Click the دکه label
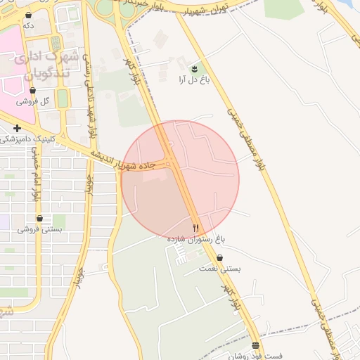[x=28, y=25]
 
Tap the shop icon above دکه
[x=28, y=15]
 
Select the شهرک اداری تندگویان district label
[x=42, y=63]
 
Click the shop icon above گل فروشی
[x=33, y=91]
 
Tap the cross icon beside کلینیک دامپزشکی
[x=17, y=129]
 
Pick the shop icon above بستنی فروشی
[x=39, y=219]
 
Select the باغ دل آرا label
[x=195, y=79]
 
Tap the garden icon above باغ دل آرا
[x=194, y=68]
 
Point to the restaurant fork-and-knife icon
[x=195, y=229]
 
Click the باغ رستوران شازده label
[x=195, y=239]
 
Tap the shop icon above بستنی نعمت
[x=221, y=258]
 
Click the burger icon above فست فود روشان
[x=255, y=345]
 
